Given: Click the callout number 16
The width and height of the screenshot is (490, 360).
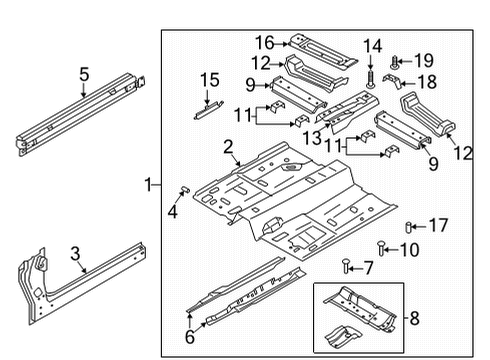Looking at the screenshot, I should (x=264, y=42).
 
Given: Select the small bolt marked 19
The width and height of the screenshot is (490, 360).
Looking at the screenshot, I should (x=396, y=62).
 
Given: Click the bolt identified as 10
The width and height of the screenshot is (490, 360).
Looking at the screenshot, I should (x=382, y=248).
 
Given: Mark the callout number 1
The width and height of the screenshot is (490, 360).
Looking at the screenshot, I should (x=147, y=184).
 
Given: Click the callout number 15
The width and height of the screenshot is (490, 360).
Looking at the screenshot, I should (x=208, y=79).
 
